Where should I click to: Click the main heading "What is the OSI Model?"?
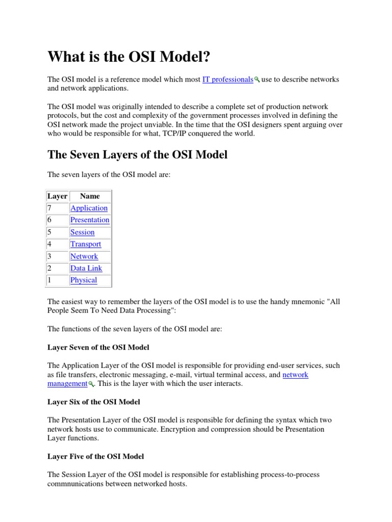pyautogui.click(x=129, y=57)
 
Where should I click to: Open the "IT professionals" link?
pyautogui.click(x=228, y=80)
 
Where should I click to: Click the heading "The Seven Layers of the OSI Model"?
pyautogui.click(x=137, y=154)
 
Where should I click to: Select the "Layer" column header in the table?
pyautogui.click(x=57, y=196)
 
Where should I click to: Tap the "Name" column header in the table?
pyautogui.click(x=90, y=196)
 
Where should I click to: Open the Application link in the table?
pyautogui.click(x=89, y=208)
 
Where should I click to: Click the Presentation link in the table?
pyautogui.click(x=90, y=220)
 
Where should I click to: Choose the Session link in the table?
pyautogui.click(x=82, y=232)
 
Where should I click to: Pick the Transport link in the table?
pyautogui.click(x=86, y=244)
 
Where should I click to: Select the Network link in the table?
pyautogui.click(x=84, y=256)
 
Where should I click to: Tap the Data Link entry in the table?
pyautogui.click(x=86, y=268)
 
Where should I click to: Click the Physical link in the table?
pyautogui.click(x=84, y=280)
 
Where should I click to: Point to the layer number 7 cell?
pyautogui.click(x=50, y=208)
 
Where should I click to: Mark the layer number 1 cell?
pyautogui.click(x=50, y=280)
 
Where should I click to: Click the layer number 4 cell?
pyautogui.click(x=50, y=244)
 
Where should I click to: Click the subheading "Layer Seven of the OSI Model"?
pyautogui.click(x=99, y=347)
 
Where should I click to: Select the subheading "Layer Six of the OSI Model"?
pyautogui.click(x=93, y=402)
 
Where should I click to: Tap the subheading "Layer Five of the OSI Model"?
pyautogui.click(x=95, y=456)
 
